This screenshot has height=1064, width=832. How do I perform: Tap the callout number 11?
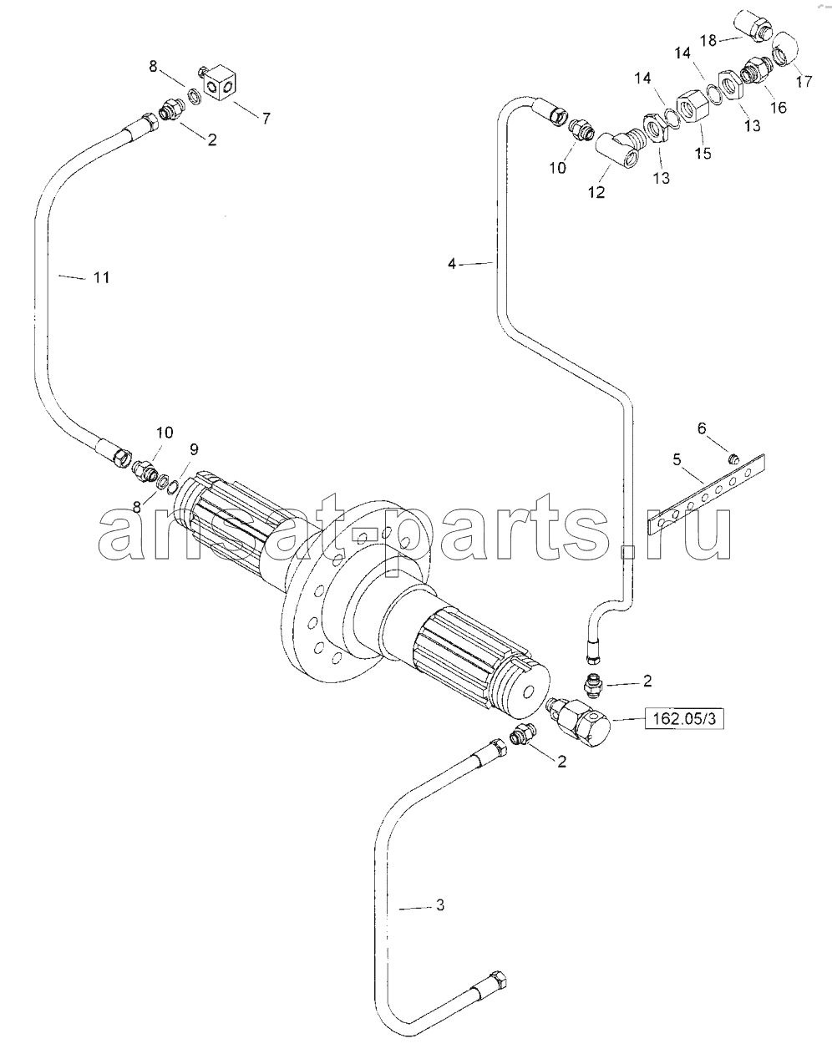(x=101, y=277)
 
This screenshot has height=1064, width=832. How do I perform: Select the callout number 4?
(x=451, y=264)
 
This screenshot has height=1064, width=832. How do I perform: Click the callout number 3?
(x=439, y=905)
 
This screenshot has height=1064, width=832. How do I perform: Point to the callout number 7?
(x=266, y=118)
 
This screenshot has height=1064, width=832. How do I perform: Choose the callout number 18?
(x=708, y=40)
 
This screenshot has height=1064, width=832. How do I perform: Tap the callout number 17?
(x=804, y=81)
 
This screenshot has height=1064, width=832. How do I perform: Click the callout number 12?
(x=596, y=192)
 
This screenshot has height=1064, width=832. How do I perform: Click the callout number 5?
(x=677, y=460)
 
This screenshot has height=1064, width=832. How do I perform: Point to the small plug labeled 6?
(x=733, y=459)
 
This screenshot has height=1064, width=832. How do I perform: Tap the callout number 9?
(x=194, y=449)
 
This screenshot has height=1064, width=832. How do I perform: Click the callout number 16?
(x=779, y=107)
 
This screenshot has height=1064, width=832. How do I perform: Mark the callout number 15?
(x=703, y=153)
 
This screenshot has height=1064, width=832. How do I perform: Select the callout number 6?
(x=702, y=428)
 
